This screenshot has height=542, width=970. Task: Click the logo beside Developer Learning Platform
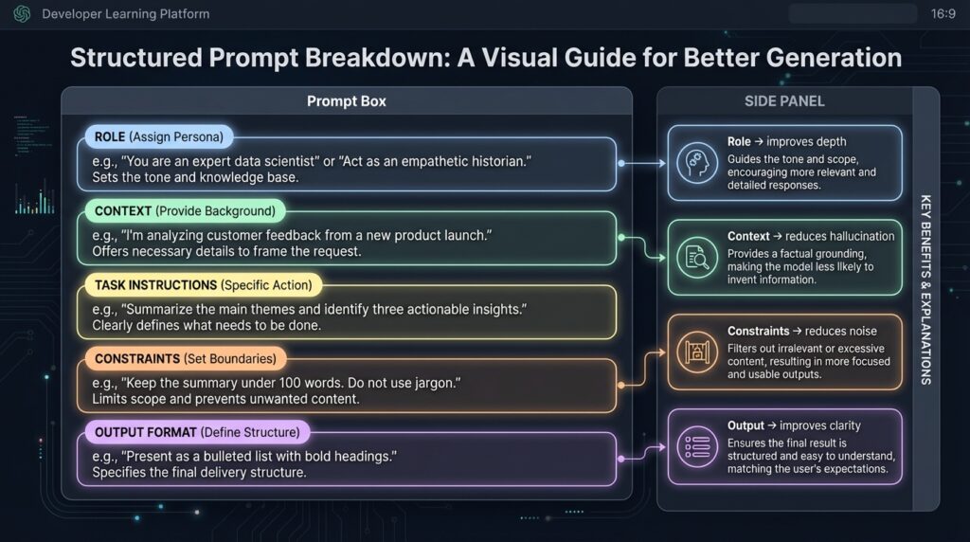pyautogui.click(x=21, y=14)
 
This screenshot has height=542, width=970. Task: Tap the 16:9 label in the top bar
pyautogui.click(x=943, y=14)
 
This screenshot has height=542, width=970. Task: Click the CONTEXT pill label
pyautogui.click(x=185, y=210)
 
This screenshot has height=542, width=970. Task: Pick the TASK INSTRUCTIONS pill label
pyautogui.click(x=203, y=284)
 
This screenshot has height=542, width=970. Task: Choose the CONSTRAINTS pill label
pyautogui.click(x=185, y=359)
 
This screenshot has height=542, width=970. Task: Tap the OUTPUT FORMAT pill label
pyautogui.click(x=196, y=432)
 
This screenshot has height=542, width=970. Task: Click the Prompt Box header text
pyautogui.click(x=346, y=101)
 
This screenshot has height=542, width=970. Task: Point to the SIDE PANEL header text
pyautogui.click(x=784, y=101)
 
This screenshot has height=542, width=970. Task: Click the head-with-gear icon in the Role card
pyautogui.click(x=696, y=162)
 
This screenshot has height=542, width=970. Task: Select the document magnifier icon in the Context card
pyautogui.click(x=696, y=256)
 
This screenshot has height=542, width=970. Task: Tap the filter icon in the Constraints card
pyautogui.click(x=696, y=352)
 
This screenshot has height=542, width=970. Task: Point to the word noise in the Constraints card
pyautogui.click(x=859, y=331)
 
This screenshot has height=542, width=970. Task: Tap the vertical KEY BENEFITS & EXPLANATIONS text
pyautogui.click(x=925, y=289)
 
